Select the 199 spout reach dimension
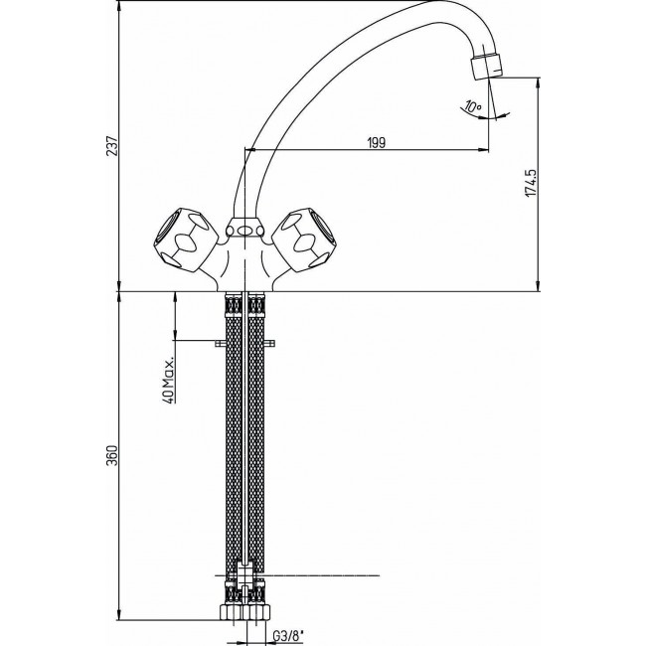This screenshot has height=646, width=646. tap(377, 143)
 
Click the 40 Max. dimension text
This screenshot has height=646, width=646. tap(170, 379)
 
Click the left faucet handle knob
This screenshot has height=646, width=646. tap(182, 236)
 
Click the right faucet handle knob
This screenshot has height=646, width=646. tap(307, 236)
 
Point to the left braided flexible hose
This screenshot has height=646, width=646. tap(233, 437)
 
